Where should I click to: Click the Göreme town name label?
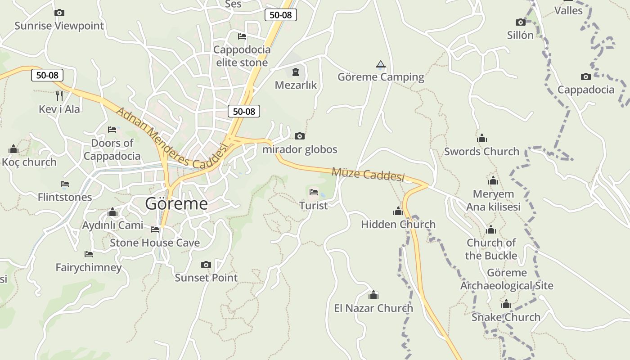click(176, 204)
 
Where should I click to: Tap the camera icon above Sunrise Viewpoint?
click(59, 13)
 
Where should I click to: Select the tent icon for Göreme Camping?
click(381, 64)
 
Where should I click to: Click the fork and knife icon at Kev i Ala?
click(59, 95)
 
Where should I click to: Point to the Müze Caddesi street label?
click(368, 174)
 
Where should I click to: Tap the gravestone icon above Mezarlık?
click(296, 72)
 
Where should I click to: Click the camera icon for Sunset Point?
click(206, 265)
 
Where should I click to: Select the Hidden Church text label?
click(398, 224)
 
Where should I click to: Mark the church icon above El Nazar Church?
click(373, 295)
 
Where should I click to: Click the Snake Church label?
click(506, 317)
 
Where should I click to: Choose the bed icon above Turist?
click(314, 193)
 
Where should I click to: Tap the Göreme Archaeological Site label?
click(507, 279)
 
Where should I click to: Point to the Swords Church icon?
click(482, 138)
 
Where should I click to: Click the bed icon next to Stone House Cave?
click(155, 229)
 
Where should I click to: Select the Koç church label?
click(29, 162)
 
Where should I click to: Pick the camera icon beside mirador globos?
click(299, 136)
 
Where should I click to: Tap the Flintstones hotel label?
click(65, 197)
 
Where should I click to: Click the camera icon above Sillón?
click(520, 22)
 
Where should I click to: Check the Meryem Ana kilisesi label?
click(493, 200)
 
